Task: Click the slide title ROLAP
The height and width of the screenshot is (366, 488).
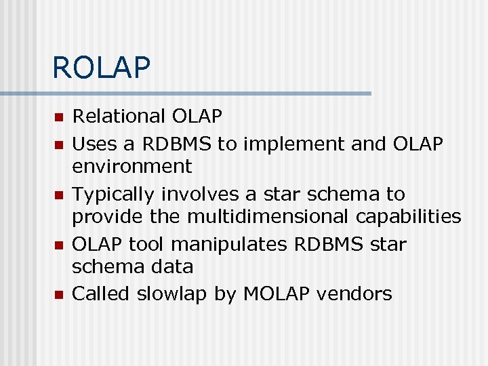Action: click(x=101, y=68)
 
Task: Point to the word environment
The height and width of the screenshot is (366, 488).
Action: click(x=132, y=166)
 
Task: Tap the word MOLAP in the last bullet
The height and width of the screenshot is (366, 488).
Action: click(x=277, y=294)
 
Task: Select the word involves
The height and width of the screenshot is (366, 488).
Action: click(x=200, y=195)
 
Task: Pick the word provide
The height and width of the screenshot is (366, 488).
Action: click(x=104, y=216)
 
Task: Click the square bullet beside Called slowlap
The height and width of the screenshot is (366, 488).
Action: click(x=58, y=295)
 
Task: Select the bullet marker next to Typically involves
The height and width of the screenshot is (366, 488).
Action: click(x=58, y=195)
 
